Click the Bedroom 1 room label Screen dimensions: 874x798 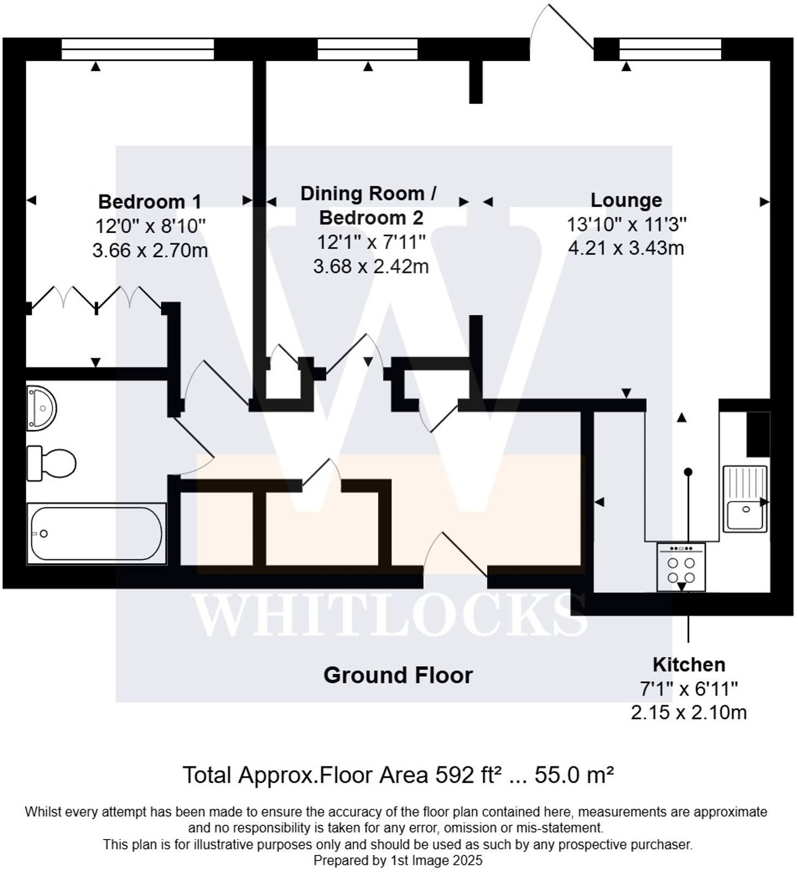(150, 202)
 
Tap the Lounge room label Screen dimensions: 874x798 (626, 200)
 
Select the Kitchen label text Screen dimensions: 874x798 (689, 664)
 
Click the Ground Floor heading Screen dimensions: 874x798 (398, 675)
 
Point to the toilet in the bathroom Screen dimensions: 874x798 (52, 464)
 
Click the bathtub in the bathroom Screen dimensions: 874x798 (96, 534)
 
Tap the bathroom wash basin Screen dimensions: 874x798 (42, 408)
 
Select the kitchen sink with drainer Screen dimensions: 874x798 (745, 498)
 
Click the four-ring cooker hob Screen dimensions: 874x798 (681, 568)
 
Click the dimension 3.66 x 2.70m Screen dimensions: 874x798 (150, 251)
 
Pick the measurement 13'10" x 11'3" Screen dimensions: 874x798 (626, 224)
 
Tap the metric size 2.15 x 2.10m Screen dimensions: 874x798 (689, 712)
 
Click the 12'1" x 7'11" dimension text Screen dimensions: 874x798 (371, 241)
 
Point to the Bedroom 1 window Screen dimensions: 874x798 (137, 49)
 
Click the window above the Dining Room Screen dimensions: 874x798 (368, 49)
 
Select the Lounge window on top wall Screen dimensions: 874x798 (670, 49)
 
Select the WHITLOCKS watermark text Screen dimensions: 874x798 (389, 615)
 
